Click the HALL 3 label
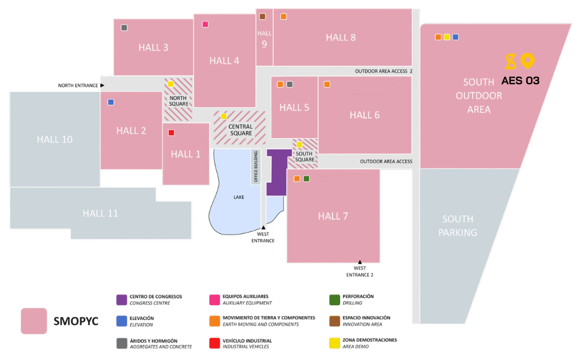[153, 48]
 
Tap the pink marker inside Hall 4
[205, 24]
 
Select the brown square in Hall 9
[262, 16]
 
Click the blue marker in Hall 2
[111, 102]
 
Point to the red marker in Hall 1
[171, 132]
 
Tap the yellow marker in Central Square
[223, 116]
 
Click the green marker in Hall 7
[306, 179]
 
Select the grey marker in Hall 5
[290, 84]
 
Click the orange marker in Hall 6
[327, 84]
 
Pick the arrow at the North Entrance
[102, 85]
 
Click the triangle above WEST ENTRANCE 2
[360, 262]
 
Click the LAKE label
[239, 197]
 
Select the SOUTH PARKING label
[458, 225]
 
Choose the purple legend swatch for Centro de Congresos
[121, 300]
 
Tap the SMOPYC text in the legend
[75, 321]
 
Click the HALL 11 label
[100, 213]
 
